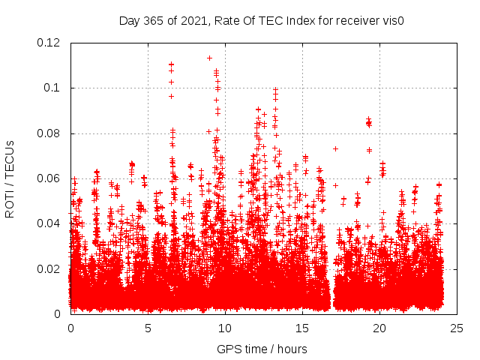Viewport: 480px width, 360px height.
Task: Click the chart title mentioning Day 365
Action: (x=262, y=20)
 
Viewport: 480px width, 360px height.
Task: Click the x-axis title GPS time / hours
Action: (x=262, y=349)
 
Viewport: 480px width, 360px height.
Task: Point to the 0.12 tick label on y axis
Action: (x=49, y=43)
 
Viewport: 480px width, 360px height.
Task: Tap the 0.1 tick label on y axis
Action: (x=52, y=88)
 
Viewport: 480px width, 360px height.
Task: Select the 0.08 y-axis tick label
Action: (x=49, y=133)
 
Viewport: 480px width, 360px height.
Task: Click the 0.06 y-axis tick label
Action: (x=49, y=178)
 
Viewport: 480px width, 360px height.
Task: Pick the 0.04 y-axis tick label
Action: (x=49, y=223)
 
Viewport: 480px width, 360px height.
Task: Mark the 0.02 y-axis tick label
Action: (x=49, y=268)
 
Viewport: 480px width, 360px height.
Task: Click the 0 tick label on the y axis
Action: (x=58, y=313)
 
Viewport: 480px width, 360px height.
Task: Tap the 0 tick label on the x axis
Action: (x=70, y=328)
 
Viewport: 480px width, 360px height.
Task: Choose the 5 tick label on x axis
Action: (x=148, y=328)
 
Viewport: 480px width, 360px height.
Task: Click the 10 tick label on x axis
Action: (x=225, y=328)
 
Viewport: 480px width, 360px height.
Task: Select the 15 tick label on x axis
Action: (x=302, y=328)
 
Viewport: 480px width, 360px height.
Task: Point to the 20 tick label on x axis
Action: (x=379, y=328)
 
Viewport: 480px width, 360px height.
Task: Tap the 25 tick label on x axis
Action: (x=457, y=328)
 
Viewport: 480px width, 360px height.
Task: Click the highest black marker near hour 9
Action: (x=209, y=58)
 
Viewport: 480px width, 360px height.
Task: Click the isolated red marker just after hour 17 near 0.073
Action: (x=335, y=148)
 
